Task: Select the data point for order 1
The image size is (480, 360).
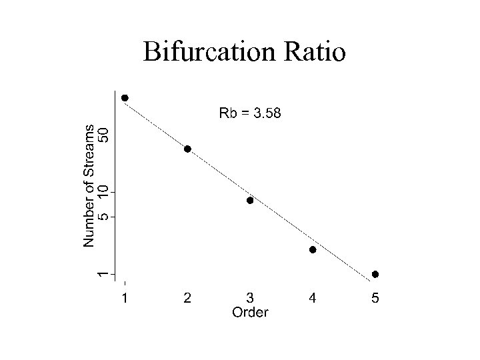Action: [125, 98]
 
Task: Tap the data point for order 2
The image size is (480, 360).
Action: [187, 149]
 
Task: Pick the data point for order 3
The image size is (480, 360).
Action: [250, 200]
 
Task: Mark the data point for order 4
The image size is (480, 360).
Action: [313, 250]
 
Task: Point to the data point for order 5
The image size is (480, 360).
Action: [375, 274]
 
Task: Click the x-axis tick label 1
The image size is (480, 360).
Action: [125, 299]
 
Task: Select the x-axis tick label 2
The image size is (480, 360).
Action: [187, 299]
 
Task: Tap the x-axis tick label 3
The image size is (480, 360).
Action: [250, 299]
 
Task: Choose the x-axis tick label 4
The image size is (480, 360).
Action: [313, 299]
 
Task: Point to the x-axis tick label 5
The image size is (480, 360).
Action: [375, 299]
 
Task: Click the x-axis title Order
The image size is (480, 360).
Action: [250, 312]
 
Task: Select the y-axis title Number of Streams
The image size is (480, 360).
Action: [89, 185]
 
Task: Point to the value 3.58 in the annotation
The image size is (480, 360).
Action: [266, 113]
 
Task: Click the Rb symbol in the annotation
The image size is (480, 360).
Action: [227, 113]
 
